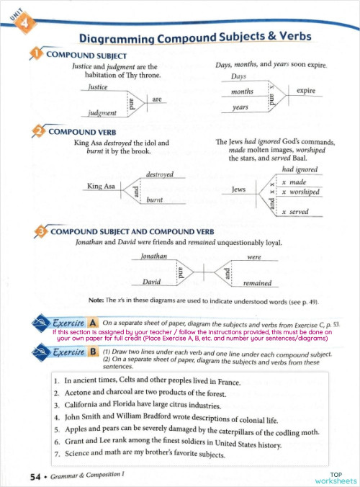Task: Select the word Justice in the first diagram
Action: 98,86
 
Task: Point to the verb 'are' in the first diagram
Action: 156,99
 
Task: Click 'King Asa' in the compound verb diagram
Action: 101,187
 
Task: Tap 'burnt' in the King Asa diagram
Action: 156,199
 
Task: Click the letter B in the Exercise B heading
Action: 94,353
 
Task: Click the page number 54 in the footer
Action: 35,476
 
